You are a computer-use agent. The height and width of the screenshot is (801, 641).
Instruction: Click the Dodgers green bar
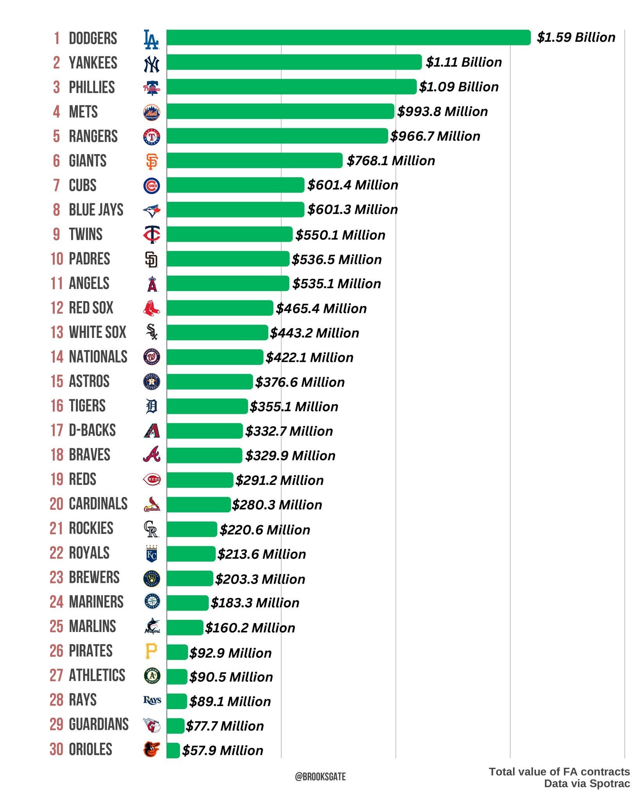pos(348,38)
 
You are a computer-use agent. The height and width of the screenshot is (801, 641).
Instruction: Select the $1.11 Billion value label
pos(463,62)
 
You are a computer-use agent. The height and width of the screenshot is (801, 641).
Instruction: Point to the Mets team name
pos(83,112)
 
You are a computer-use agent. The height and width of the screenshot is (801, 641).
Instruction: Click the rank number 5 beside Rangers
pos(57,136)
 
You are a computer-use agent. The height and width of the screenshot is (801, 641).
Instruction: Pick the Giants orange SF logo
pos(152,161)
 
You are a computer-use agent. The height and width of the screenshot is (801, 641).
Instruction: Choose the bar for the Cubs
pos(235,185)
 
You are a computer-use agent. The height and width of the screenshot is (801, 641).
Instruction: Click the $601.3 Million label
pos(352,210)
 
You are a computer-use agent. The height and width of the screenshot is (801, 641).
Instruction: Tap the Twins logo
pos(152,235)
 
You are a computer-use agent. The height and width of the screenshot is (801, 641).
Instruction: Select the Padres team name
pos(90,259)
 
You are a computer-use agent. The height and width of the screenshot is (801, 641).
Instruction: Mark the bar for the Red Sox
pos(219,308)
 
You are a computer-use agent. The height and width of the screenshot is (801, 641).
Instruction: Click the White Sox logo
pos(152,332)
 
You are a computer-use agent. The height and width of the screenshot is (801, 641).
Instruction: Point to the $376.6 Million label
pos(300,382)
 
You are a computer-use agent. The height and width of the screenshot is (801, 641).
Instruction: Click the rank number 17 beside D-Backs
pos(57,430)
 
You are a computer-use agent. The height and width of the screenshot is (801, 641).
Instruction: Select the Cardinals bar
pos(198,505)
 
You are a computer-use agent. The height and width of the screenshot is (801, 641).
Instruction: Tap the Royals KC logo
pos(152,554)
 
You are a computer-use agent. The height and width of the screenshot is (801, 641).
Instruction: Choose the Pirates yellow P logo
pos(151,651)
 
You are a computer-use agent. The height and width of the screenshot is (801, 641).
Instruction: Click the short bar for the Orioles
pos(173,750)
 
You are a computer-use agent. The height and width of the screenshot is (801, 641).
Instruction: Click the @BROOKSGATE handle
pos(320,776)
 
